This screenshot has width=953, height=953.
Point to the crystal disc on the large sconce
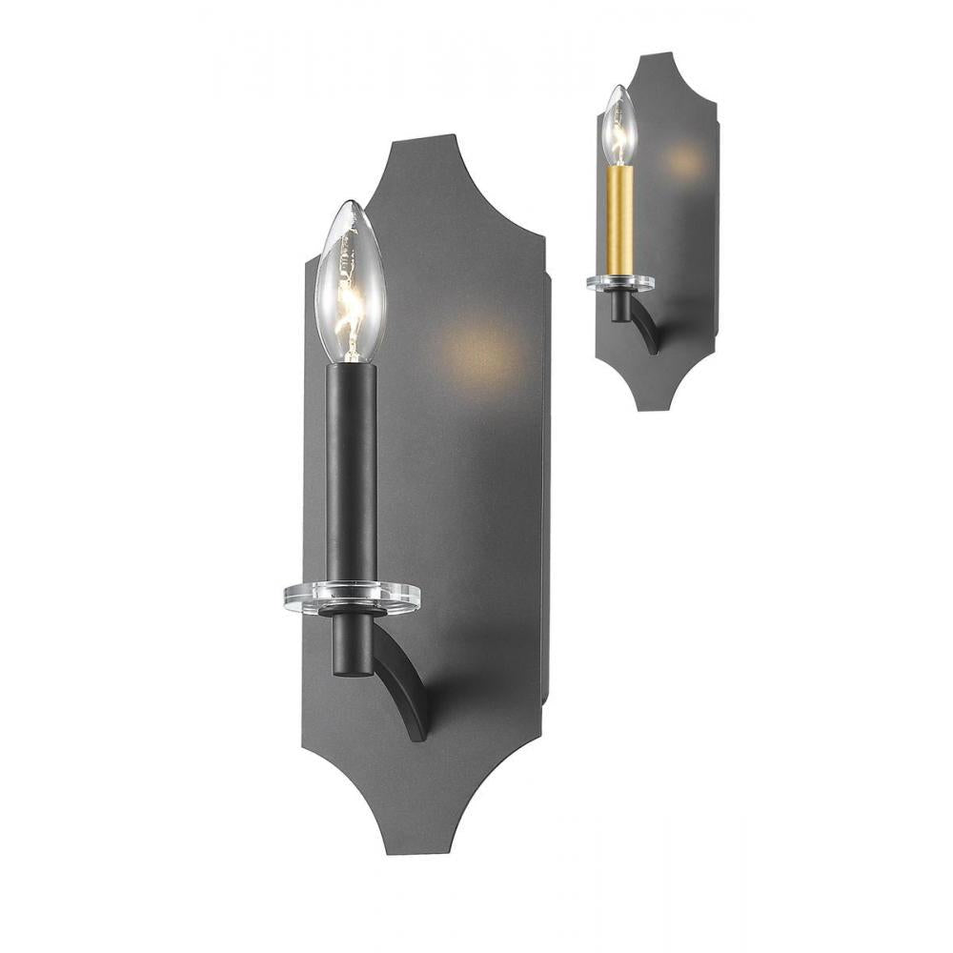click(x=352, y=597)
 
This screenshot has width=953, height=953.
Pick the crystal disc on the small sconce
click(x=620, y=282)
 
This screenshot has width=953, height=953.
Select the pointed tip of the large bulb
click(x=349, y=203)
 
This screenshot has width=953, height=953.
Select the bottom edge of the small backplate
click(x=653, y=409)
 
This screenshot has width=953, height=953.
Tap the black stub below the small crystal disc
click(x=620, y=306)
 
